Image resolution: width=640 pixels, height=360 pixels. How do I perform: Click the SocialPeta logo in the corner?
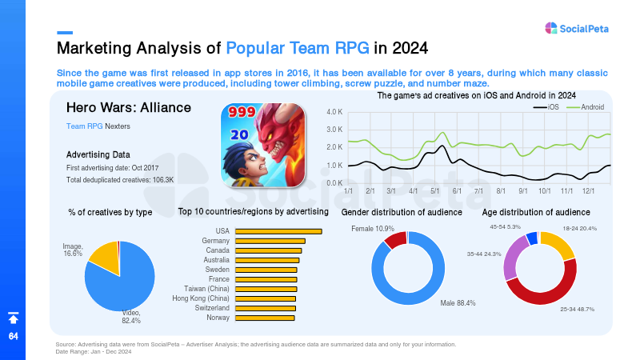point(576,28)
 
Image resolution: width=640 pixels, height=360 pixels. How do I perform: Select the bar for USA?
point(278,231)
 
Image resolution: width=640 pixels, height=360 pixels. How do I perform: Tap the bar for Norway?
point(265,318)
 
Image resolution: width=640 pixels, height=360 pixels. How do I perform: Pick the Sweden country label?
point(217,270)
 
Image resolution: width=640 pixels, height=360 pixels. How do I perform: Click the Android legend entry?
point(586,107)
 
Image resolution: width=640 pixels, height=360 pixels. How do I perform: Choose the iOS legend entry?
point(546,107)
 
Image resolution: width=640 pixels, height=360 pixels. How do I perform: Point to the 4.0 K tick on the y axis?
point(334,112)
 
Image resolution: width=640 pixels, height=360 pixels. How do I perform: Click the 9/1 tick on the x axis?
point(523,191)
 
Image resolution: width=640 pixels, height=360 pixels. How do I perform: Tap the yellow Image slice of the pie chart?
point(105,255)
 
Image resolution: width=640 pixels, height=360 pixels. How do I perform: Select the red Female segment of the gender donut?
point(395,239)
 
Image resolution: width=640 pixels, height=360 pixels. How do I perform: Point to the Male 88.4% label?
point(458,303)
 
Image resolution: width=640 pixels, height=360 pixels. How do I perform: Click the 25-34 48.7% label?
point(577,310)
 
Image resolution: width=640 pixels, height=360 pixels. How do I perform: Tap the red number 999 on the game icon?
point(242,111)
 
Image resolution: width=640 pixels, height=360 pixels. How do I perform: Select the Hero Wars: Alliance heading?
point(129,107)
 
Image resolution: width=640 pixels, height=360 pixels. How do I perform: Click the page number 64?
point(14,336)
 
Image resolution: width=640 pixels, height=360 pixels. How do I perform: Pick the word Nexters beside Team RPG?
point(118,126)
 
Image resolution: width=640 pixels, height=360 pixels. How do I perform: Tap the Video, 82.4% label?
point(131,317)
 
